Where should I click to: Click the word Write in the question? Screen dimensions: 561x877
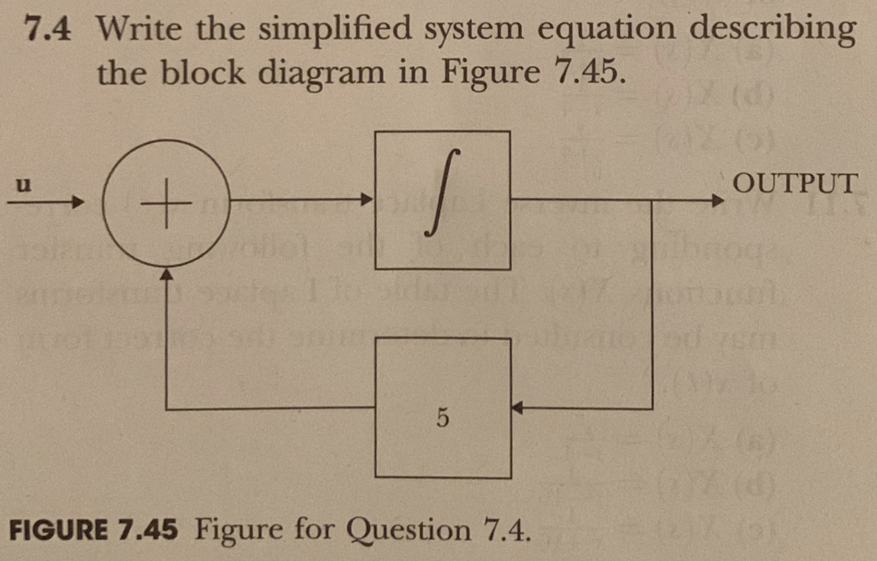pos(140,31)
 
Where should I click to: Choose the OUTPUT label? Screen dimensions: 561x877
pos(795,183)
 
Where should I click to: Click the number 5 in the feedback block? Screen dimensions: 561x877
pos(442,420)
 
